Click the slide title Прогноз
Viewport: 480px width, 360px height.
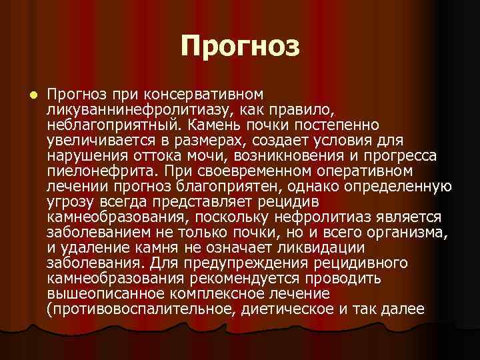240,46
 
